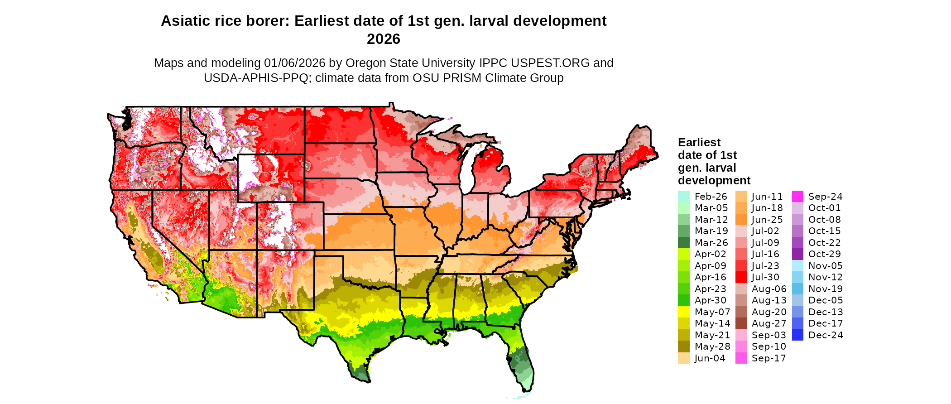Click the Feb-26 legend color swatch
pyautogui.click(x=683, y=197)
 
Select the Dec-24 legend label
pyautogui.click(x=826, y=335)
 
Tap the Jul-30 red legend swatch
pyautogui.click(x=741, y=277)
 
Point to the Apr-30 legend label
pyautogui.click(x=710, y=300)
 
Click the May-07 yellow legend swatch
pyautogui.click(x=683, y=312)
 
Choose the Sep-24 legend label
pyautogui.click(x=825, y=197)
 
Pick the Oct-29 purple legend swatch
pyautogui.click(x=797, y=254)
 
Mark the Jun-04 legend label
pyautogui.click(x=710, y=358)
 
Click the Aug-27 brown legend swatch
pyautogui.click(x=741, y=323)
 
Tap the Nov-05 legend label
pyautogui.click(x=825, y=266)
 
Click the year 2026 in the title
pyautogui.click(x=384, y=39)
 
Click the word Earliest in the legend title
pyautogui.click(x=699, y=143)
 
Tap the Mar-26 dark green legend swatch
pyautogui.click(x=683, y=243)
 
